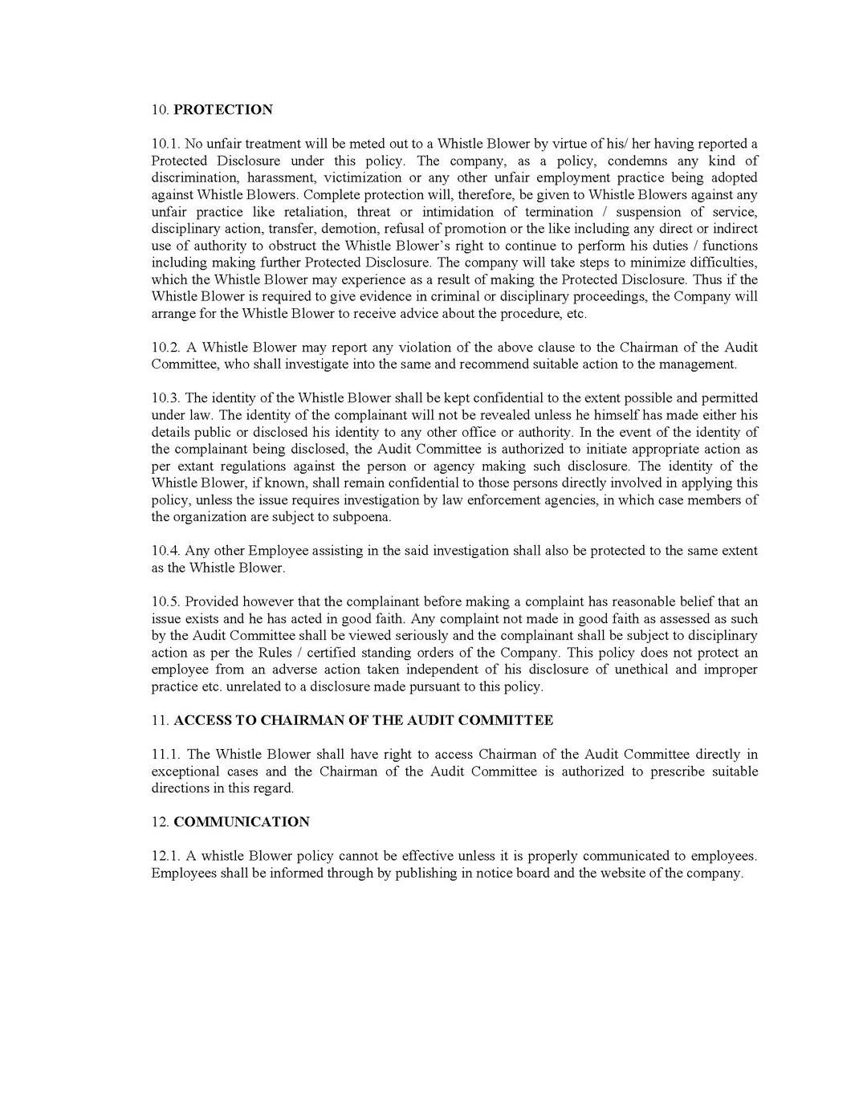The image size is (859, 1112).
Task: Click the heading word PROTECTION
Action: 223,110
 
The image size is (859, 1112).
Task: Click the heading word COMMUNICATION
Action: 242,822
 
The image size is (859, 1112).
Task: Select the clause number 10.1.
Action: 166,144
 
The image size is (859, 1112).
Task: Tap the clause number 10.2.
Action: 166,348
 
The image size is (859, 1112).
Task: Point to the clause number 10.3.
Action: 166,398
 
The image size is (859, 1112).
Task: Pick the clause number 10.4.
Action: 166,551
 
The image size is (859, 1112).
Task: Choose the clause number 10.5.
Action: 166,602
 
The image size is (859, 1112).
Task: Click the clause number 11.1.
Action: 166,755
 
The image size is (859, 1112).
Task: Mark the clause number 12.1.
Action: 166,856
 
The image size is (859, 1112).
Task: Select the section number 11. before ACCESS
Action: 161,720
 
